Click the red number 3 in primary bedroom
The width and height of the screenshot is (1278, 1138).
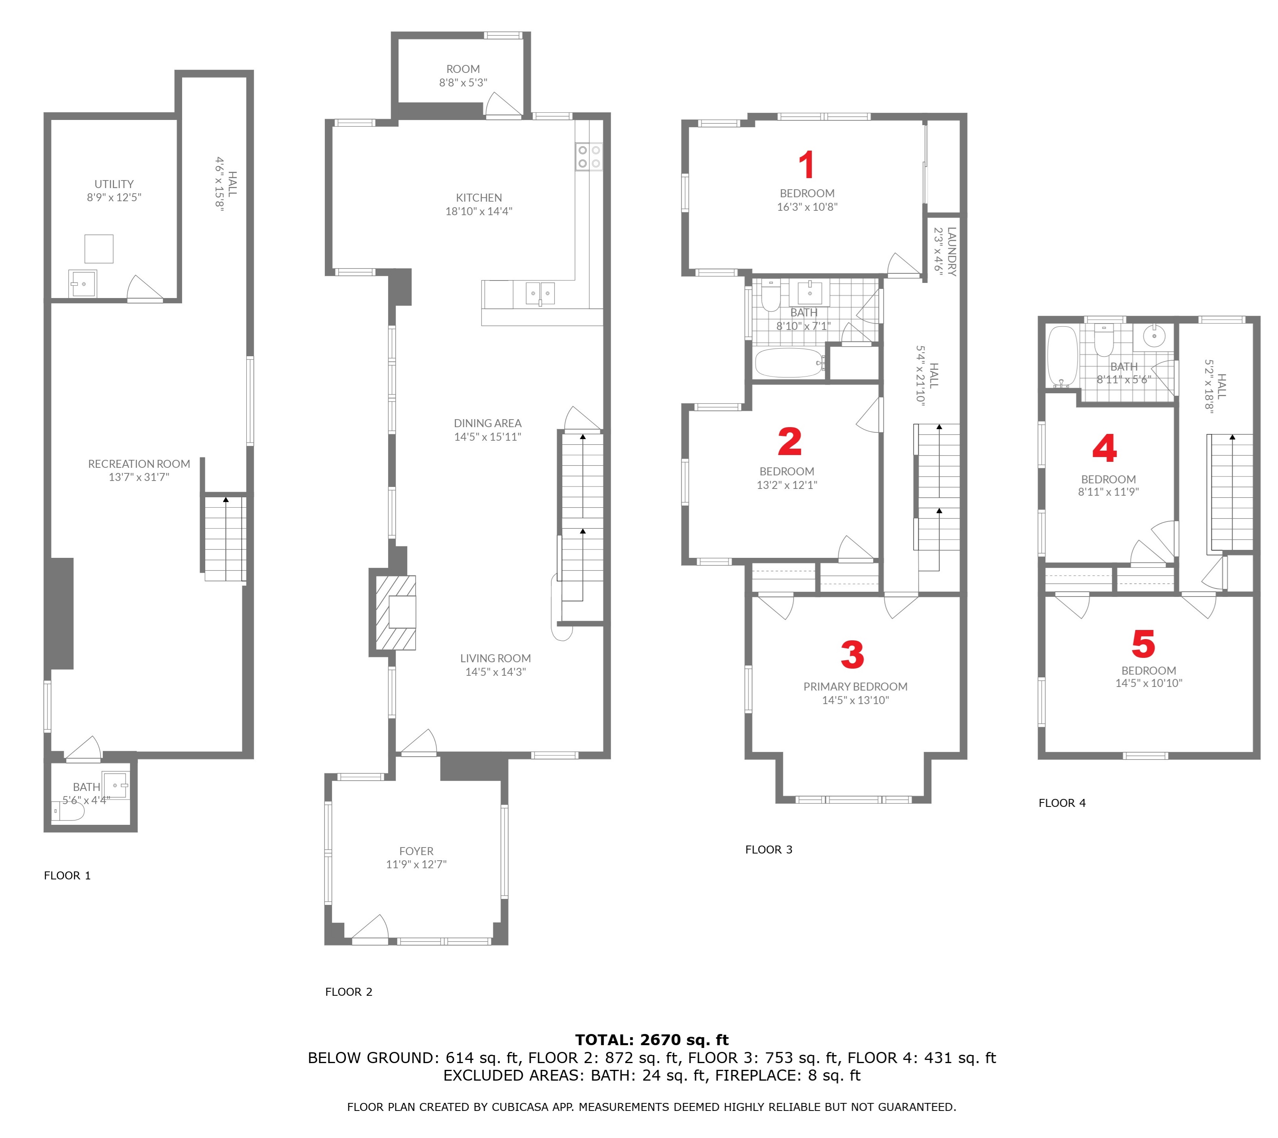click(852, 655)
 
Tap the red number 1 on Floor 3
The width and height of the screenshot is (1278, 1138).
click(807, 165)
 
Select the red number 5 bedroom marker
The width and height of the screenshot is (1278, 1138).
click(1143, 644)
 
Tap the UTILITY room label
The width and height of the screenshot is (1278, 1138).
click(114, 184)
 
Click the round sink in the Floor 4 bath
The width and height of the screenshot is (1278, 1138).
click(1154, 336)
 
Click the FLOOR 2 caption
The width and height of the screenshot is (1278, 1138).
click(348, 992)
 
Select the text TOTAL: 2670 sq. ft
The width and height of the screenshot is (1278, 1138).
click(652, 1040)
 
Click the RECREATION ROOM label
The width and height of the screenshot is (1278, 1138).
click(139, 464)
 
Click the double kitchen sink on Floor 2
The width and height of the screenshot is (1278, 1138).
click(540, 292)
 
